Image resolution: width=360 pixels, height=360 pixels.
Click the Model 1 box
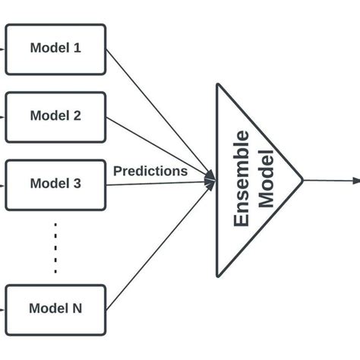(x=55, y=49)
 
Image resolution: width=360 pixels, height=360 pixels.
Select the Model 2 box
(x=55, y=117)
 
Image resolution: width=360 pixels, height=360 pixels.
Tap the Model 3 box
(x=55, y=184)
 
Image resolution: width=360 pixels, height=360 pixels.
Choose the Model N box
(x=55, y=309)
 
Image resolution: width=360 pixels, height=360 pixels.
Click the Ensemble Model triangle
(x=251, y=181)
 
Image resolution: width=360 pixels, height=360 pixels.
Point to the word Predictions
(x=150, y=172)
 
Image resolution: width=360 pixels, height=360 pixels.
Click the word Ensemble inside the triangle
(x=242, y=179)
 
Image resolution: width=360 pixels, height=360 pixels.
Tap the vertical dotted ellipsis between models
(x=55, y=247)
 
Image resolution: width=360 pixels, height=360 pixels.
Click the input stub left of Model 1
(x=2, y=49)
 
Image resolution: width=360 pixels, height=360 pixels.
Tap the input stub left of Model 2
(x=2, y=117)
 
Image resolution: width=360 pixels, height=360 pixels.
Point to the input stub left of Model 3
(x=2, y=184)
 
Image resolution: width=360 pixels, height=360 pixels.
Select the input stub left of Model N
(x=2, y=309)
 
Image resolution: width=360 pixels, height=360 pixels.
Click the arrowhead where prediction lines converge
(x=210, y=181)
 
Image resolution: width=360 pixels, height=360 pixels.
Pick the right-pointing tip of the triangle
(x=302, y=181)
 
